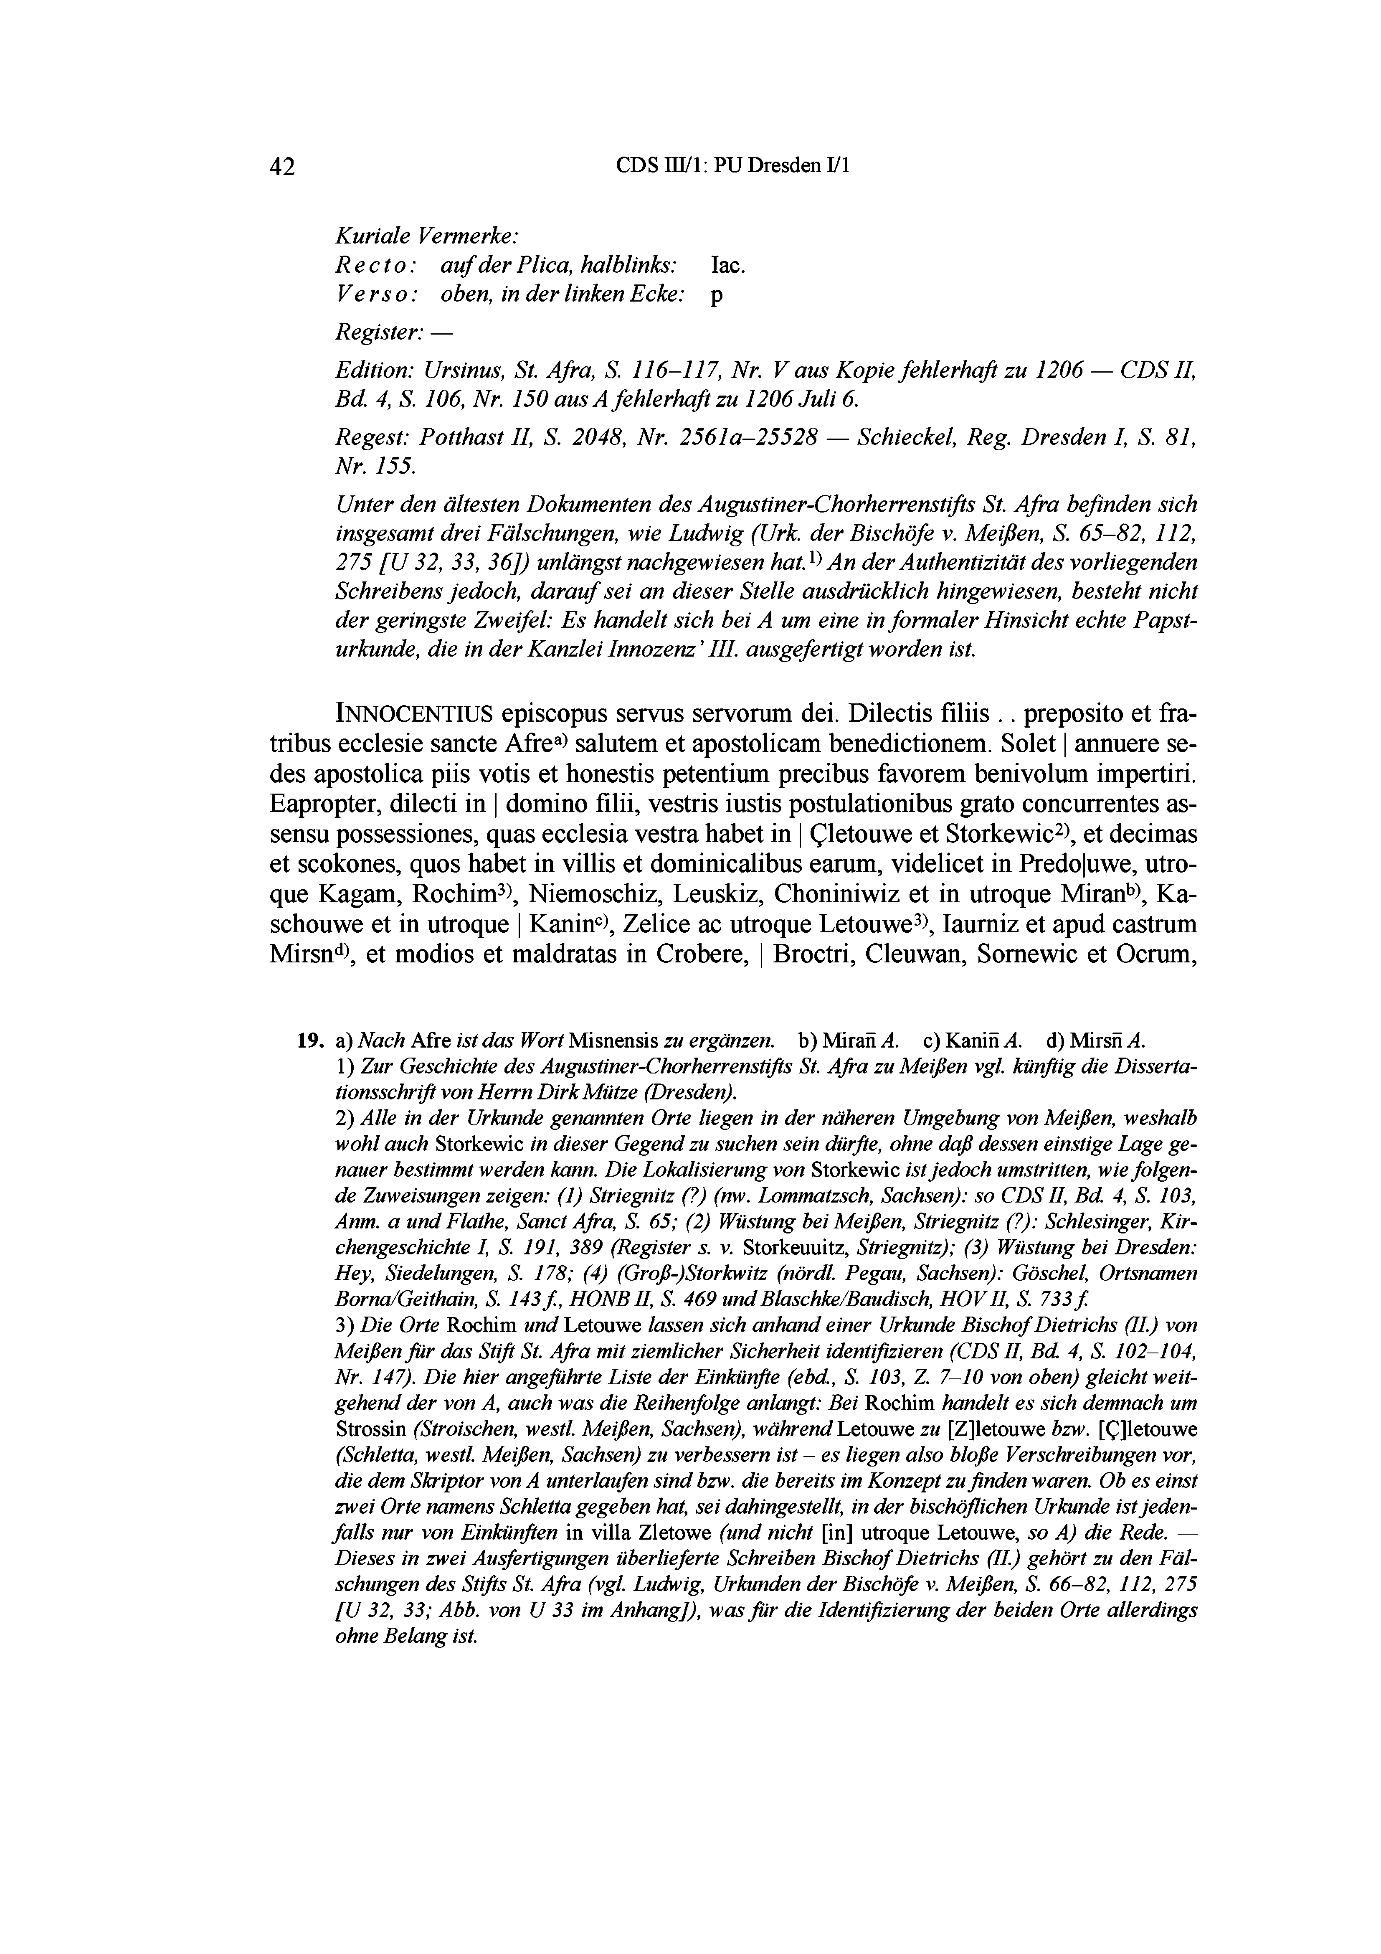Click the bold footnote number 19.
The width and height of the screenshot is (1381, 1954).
(x=309, y=1039)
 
